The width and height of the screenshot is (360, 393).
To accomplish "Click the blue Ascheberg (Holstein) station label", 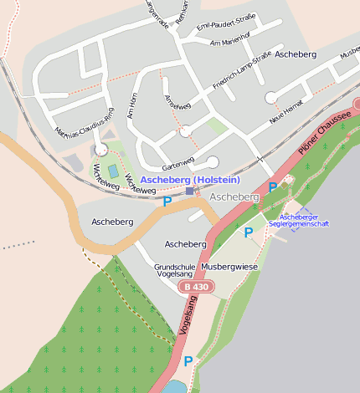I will pos(190,180).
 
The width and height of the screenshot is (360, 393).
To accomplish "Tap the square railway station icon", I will pos(190,191).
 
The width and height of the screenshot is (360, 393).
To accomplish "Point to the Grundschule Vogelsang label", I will pos(175,271).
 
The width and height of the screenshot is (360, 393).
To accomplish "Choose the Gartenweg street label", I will pos(177,160).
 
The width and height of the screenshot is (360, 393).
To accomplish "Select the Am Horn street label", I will pos(130,104).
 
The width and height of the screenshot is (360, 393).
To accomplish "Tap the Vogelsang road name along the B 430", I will pos(187,316).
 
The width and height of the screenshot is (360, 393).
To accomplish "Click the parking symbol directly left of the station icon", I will pos(167,201).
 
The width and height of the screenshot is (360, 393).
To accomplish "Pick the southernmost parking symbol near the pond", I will pos(188,361).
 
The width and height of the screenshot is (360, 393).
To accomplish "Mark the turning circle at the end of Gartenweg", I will pos(212,162).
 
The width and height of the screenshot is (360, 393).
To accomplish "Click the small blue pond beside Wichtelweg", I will pos(112,171).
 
